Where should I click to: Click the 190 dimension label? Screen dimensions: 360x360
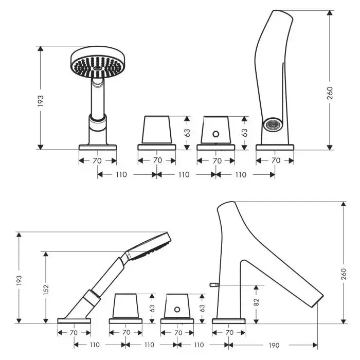(274, 345)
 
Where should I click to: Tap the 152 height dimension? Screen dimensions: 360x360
(46, 290)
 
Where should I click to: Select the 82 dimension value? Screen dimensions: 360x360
(257, 302)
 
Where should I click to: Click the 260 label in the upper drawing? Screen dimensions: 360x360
(330, 93)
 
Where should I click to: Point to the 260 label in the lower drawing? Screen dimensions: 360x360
(344, 274)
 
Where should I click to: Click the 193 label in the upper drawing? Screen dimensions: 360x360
(41, 101)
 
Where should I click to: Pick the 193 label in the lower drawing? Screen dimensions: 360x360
(19, 280)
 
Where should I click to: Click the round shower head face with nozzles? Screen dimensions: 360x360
(98, 66)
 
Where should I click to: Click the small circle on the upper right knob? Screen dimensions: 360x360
(215, 134)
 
